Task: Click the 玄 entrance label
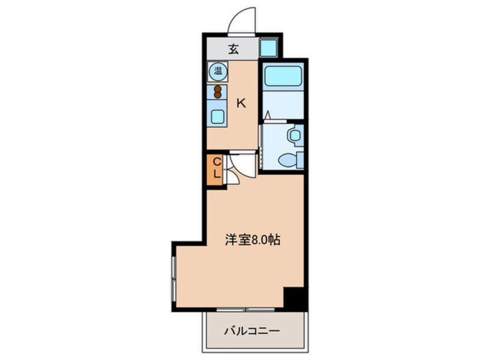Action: click(x=233, y=49)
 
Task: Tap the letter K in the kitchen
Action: click(x=241, y=103)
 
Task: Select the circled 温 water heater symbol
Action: click(x=217, y=72)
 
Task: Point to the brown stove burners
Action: click(x=217, y=91)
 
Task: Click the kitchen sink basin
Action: click(x=217, y=116)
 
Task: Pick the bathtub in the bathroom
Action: click(x=281, y=76)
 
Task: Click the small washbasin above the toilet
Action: click(x=293, y=136)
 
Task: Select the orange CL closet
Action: click(x=216, y=169)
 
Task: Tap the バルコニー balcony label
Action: click(x=255, y=331)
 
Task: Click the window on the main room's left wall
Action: click(x=174, y=278)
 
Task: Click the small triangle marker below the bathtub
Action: click(x=267, y=115)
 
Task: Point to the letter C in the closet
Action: click(x=216, y=163)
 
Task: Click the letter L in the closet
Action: click(x=216, y=174)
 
